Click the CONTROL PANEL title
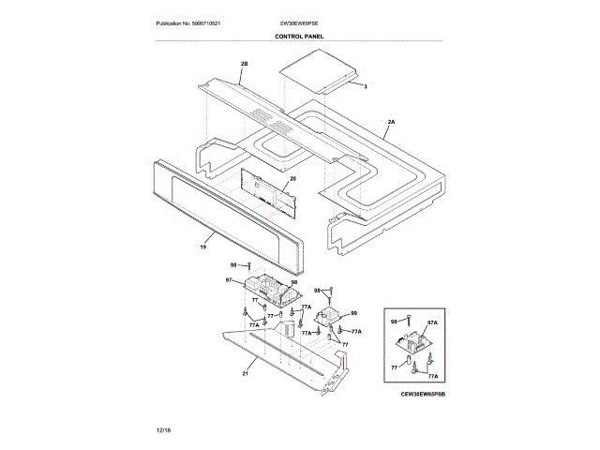pyautogui.click(x=299, y=36)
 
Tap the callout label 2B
pyautogui.click(x=245, y=64)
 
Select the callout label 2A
pyautogui.click(x=391, y=122)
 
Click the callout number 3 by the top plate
pyautogui.click(x=366, y=85)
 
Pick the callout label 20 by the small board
pyautogui.click(x=292, y=178)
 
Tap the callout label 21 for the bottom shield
pyautogui.click(x=246, y=372)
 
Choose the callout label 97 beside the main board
pyautogui.click(x=229, y=280)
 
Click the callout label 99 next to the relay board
pyautogui.click(x=353, y=313)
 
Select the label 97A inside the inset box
pyautogui.click(x=433, y=322)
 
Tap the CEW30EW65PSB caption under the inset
pyautogui.click(x=421, y=397)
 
